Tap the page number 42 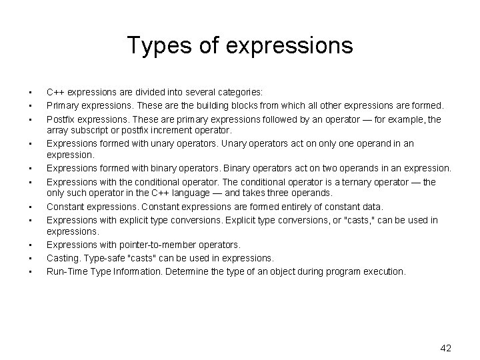click(447, 347)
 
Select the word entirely click(287, 207)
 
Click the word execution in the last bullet click(382, 271)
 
